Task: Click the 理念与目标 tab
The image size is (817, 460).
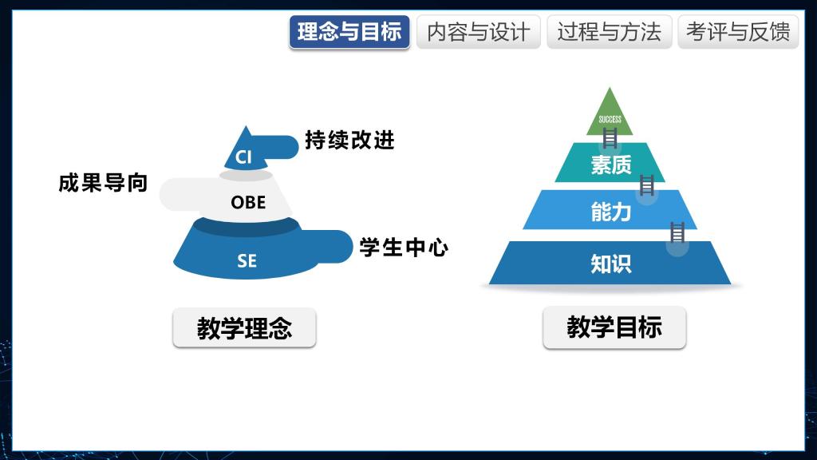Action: click(349, 32)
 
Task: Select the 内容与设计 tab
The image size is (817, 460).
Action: click(479, 32)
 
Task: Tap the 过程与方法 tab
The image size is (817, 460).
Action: click(609, 32)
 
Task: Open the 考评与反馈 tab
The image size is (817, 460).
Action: click(738, 32)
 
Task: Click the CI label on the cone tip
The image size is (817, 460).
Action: click(243, 157)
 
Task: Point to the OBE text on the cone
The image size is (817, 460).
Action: click(248, 202)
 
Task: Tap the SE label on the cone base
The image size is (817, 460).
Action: click(247, 260)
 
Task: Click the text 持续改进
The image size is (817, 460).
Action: click(349, 140)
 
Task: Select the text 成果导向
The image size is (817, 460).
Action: click(103, 183)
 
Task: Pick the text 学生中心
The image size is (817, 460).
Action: click(404, 248)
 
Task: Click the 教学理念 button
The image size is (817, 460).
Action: click(244, 327)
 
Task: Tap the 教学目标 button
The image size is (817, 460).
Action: click(614, 327)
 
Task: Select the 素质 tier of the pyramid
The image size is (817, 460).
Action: click(610, 163)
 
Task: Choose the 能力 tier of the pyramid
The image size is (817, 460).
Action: click(610, 210)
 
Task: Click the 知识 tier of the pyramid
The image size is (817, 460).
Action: click(610, 263)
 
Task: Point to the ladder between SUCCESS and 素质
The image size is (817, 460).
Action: click(610, 138)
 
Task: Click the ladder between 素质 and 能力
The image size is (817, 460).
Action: click(646, 185)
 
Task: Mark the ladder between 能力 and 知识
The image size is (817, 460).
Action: click(677, 232)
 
